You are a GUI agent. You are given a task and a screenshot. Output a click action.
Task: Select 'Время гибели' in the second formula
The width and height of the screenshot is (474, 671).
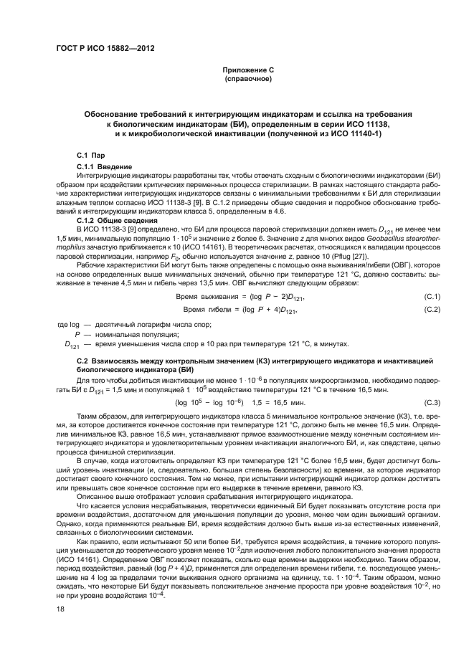[x=209, y=310]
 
